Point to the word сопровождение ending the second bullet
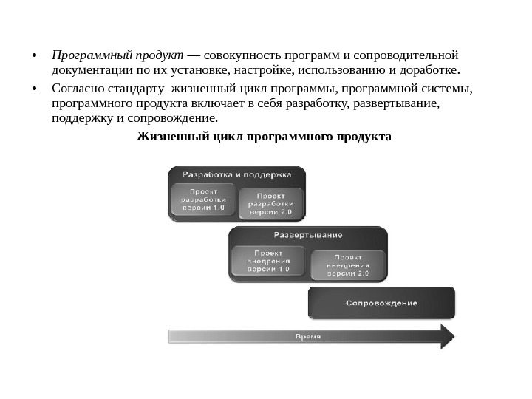173,118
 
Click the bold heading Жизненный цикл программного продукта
265,137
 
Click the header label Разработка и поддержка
236,175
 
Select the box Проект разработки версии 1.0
203,199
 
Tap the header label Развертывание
308,235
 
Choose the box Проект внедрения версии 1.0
268,261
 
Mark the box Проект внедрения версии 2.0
348,264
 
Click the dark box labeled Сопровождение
381,303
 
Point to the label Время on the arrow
308,337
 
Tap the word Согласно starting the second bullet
78,89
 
